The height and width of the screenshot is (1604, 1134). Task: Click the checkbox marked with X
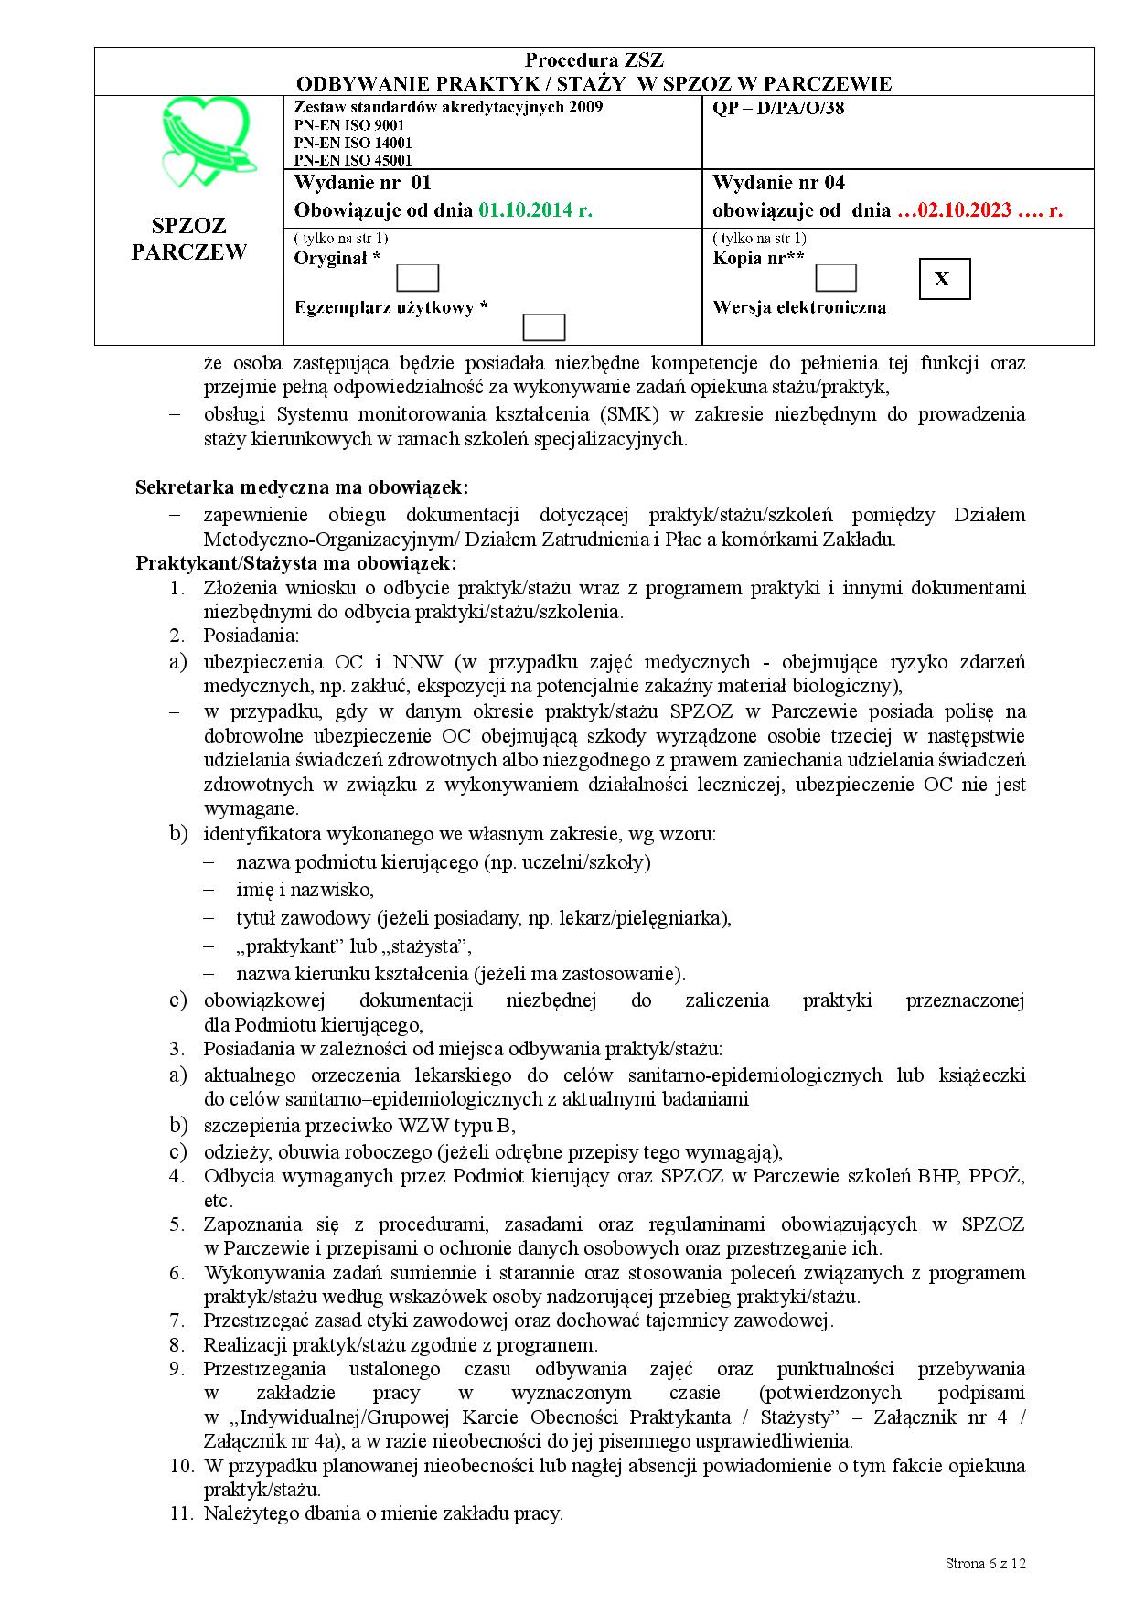click(943, 279)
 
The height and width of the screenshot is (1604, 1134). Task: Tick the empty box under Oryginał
click(418, 278)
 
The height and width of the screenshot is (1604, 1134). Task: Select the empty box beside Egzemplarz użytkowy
click(543, 327)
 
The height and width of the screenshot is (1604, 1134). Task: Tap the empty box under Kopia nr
click(835, 278)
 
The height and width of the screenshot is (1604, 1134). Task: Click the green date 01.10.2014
click(535, 210)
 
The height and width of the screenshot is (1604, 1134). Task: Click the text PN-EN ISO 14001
click(353, 143)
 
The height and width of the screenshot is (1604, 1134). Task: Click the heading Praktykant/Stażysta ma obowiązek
click(295, 562)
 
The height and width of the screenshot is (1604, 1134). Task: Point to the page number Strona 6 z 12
click(986, 1563)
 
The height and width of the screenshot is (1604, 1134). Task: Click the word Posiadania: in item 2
click(251, 636)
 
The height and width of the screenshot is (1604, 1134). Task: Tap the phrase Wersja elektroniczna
click(799, 307)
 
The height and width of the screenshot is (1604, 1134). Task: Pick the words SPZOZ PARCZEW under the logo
click(189, 239)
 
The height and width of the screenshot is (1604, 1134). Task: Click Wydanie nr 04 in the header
click(778, 183)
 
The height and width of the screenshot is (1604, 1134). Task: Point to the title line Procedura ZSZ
click(594, 61)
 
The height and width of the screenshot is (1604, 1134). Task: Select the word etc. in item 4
click(219, 1201)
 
